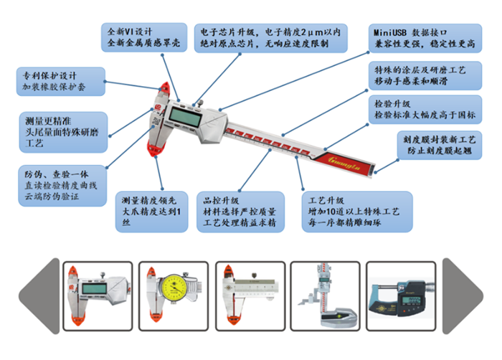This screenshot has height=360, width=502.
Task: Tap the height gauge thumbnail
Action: coord(325,294)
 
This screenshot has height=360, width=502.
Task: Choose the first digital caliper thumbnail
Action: coord(95,294)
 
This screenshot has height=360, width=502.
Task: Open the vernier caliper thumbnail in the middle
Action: coord(247,294)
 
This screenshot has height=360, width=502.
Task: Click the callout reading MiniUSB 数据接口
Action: coord(424,38)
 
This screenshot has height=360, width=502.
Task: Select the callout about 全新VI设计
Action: coord(144,38)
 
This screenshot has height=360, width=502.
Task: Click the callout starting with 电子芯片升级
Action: coord(271,38)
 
